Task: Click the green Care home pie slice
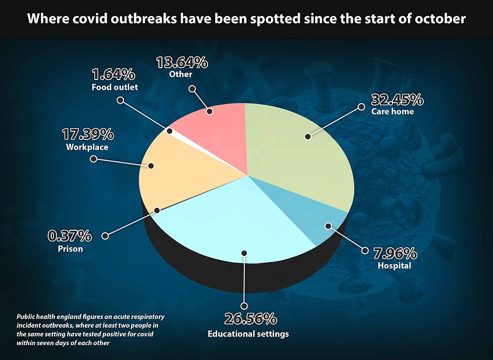[297, 154]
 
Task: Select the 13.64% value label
[181, 63]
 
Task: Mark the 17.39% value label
[88, 135]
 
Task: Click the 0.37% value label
[70, 236]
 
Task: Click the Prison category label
[70, 249]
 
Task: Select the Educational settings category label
[248, 334]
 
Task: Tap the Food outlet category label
[115, 87]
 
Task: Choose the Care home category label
[393, 111]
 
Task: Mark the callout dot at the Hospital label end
[365, 251]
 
